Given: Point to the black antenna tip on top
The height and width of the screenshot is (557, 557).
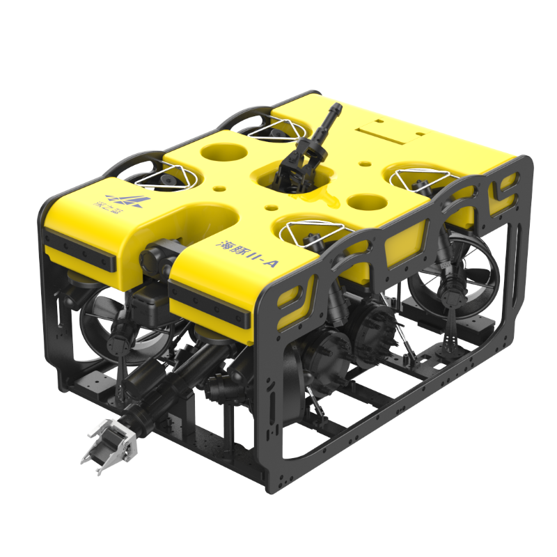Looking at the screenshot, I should tap(336, 109).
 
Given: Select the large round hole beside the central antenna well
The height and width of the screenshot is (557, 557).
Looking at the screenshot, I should tap(367, 203).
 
